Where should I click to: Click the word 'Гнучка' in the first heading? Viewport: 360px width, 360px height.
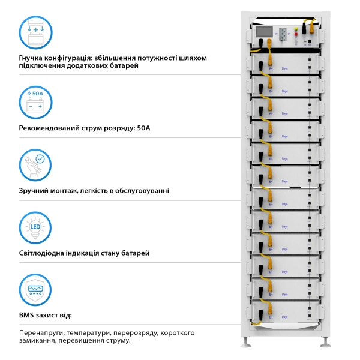(34, 58)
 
